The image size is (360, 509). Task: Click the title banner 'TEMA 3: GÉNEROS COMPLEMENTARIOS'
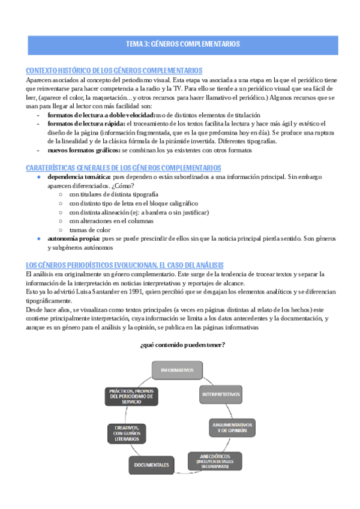(x=183, y=44)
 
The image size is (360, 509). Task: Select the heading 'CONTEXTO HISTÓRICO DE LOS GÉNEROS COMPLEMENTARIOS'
(x=115, y=71)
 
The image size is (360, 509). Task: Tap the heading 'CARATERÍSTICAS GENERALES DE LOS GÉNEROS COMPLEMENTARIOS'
(x=124, y=167)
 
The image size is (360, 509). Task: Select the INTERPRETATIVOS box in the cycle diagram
(x=220, y=394)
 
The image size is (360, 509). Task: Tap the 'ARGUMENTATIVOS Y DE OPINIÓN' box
(x=232, y=428)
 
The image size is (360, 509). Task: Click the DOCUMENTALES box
(x=152, y=465)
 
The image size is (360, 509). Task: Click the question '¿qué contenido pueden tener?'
(x=182, y=345)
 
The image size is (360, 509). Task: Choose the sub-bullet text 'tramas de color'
(x=90, y=229)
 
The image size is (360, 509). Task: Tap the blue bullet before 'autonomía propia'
(x=39, y=238)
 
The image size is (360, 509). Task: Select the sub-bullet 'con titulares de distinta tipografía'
(x=114, y=194)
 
